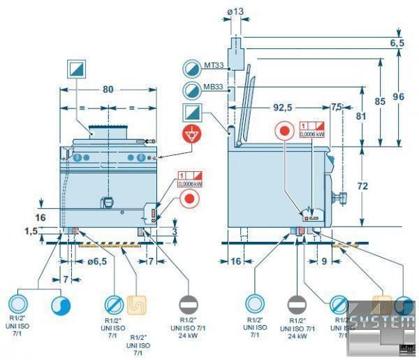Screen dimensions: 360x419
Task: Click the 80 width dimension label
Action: click(107, 89)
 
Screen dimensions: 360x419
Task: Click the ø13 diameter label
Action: click(236, 12)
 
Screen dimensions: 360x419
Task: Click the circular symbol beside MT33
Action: click(191, 67)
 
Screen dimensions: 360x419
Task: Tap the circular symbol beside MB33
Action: click(191, 90)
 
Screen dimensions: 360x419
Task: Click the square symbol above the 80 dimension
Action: click(76, 69)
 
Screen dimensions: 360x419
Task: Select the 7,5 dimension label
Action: click(337, 108)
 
